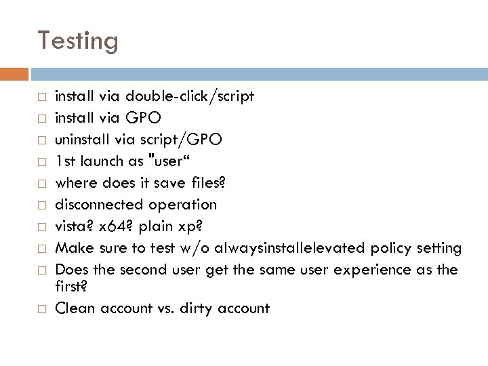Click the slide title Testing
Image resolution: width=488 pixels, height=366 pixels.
(78, 41)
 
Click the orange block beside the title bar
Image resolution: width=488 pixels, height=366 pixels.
(14, 73)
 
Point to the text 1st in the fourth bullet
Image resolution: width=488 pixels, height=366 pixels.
(66, 161)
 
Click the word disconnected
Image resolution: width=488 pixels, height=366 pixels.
(96, 204)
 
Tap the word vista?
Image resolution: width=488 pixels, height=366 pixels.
(73, 226)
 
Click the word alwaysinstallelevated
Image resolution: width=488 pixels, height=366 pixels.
(292, 248)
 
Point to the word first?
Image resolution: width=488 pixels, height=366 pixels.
(71, 287)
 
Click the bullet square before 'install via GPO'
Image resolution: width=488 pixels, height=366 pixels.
(41, 118)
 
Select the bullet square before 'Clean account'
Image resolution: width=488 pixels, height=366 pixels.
(41, 309)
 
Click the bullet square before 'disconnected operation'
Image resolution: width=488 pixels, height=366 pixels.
(41, 205)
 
